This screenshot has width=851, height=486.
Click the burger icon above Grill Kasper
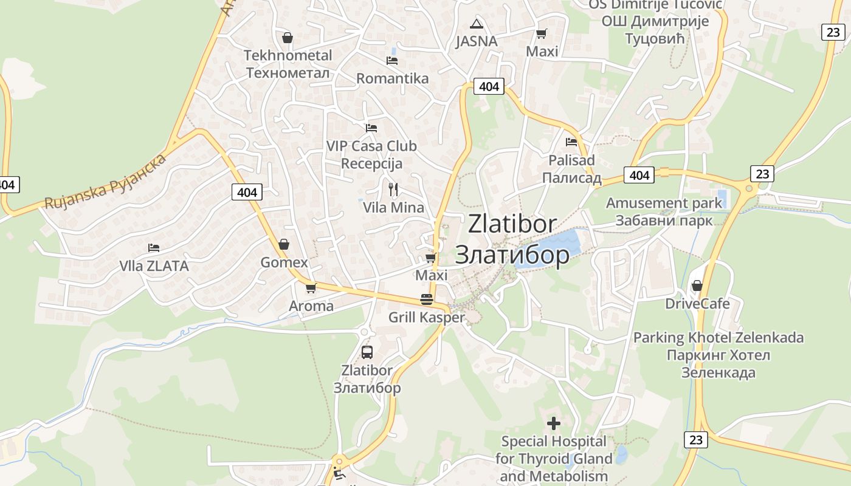(427, 299)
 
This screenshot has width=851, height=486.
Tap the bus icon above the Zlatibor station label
(367, 352)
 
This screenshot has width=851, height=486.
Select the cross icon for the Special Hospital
(554, 423)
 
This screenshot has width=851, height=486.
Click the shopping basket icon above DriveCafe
(697, 286)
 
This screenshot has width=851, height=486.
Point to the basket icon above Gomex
(284, 244)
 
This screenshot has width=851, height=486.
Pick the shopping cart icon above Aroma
(311, 288)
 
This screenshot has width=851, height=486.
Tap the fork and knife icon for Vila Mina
(393, 190)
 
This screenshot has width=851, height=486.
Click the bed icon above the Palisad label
(571, 142)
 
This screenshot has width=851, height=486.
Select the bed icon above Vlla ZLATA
(154, 248)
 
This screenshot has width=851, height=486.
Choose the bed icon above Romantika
(392, 61)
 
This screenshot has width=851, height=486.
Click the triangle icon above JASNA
(477, 24)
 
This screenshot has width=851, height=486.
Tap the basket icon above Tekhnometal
(288, 38)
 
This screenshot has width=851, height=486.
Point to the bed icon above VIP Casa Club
(371, 128)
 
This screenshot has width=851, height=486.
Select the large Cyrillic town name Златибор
(512, 255)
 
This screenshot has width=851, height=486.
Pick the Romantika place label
(392, 78)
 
